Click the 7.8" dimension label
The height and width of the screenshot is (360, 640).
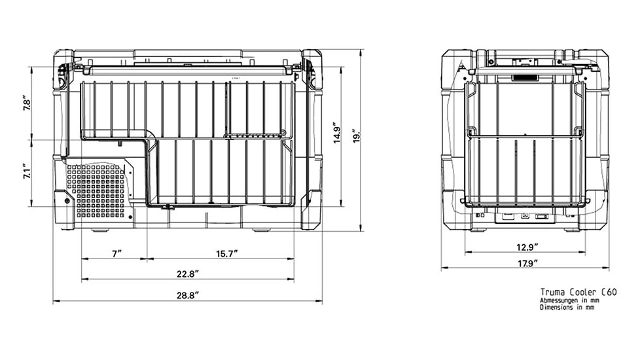coord(27,103)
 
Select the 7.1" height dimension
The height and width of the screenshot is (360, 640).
coord(27,171)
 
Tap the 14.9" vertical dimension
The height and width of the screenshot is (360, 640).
coord(337,132)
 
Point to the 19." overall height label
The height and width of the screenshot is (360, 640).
coord(357,136)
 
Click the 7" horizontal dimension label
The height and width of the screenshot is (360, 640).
coord(117,254)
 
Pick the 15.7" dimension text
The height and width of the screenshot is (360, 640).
coord(227,254)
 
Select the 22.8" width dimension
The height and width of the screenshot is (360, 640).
coord(188,274)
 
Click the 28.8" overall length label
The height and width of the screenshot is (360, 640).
coord(188,295)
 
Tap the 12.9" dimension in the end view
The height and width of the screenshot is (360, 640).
coord(527,247)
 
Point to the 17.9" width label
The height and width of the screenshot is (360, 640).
coord(527,263)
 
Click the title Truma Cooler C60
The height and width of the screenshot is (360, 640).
coord(578,292)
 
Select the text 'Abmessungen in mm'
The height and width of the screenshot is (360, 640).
coord(569,301)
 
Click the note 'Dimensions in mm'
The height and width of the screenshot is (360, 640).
coord(567,308)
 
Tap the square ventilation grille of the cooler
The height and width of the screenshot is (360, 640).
coord(96,190)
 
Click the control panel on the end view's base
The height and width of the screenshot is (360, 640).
coord(525,215)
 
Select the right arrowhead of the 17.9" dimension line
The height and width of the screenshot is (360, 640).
coord(606,268)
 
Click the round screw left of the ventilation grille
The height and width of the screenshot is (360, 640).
coord(67,201)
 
